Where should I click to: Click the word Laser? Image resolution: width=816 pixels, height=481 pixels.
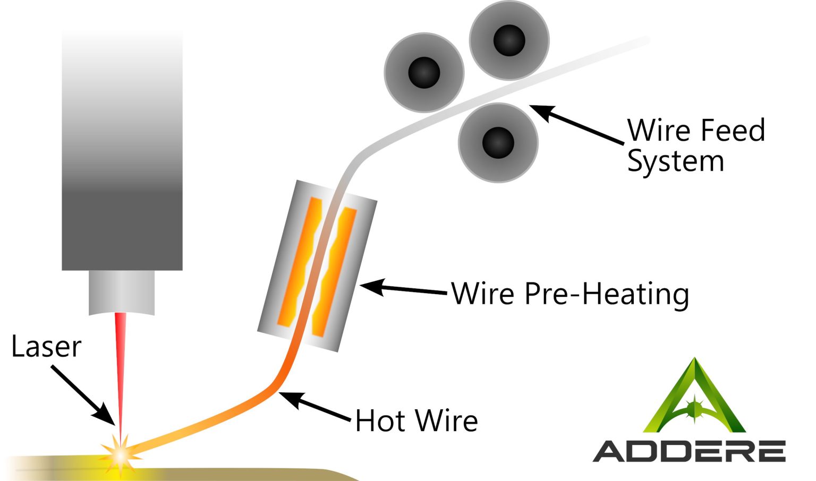pyautogui.click(x=46, y=347)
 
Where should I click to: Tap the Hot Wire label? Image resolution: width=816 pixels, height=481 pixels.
pyautogui.click(x=416, y=421)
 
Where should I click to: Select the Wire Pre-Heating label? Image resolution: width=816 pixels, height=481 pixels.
pyautogui.click(x=569, y=294)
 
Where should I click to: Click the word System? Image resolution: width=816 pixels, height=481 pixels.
pyautogui.click(x=675, y=161)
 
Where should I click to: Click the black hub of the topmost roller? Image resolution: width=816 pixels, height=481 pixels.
pyautogui.click(x=509, y=40)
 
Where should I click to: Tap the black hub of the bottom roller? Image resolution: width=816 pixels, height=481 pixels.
pyautogui.click(x=498, y=142)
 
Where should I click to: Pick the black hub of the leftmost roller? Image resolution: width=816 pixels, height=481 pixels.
pyautogui.click(x=424, y=72)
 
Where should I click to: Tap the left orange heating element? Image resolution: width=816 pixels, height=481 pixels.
pyautogui.click(x=299, y=262)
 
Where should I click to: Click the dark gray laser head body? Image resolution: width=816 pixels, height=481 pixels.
pyautogui.click(x=122, y=159)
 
